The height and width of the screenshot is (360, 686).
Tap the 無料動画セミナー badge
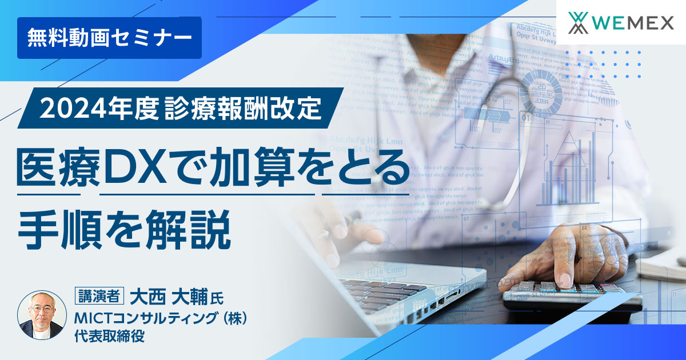[x=109, y=38]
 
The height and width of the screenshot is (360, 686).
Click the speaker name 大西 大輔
[x=169, y=297]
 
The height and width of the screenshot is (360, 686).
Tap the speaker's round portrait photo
[x=41, y=315]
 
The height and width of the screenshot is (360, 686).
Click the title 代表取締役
[x=109, y=336]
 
